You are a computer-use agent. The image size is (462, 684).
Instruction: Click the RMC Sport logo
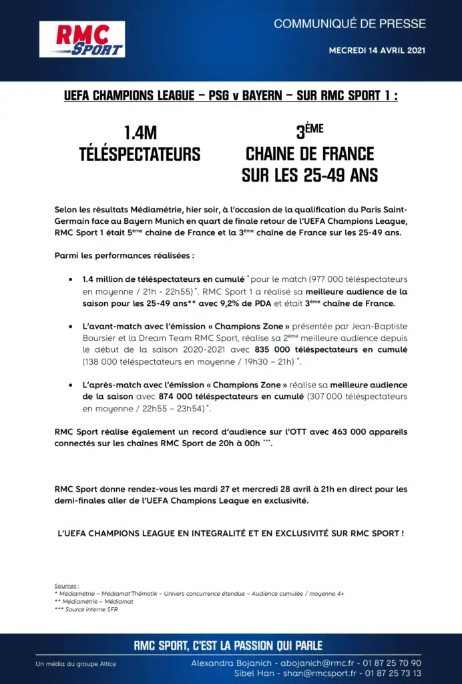[x=82, y=39]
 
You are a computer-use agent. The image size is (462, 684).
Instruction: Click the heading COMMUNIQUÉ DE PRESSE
[x=349, y=24]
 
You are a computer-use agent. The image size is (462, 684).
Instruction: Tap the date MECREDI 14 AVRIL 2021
[x=377, y=51]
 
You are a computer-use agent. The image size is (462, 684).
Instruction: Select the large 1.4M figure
[x=140, y=133]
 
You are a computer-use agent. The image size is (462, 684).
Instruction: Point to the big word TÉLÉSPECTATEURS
[x=140, y=154]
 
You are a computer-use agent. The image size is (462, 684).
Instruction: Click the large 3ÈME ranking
[x=309, y=131]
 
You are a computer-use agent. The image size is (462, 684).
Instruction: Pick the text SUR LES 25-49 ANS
[x=310, y=176]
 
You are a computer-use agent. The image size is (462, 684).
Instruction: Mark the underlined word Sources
[x=66, y=586]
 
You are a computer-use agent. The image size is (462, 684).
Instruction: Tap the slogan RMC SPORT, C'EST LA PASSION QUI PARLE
[x=228, y=646]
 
